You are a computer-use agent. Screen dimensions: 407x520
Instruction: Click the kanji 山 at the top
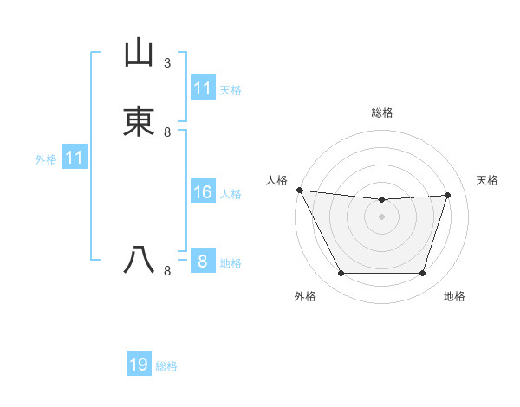pyautogui.click(x=139, y=52)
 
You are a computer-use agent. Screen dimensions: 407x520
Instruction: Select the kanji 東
pyautogui.click(x=139, y=120)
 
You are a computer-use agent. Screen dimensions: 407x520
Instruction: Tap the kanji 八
pyautogui.click(x=139, y=260)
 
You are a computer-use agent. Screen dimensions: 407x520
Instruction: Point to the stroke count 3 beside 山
pyautogui.click(x=167, y=63)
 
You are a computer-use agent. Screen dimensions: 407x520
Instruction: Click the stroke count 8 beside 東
pyautogui.click(x=167, y=132)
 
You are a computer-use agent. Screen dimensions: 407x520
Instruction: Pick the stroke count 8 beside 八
pyautogui.click(x=167, y=271)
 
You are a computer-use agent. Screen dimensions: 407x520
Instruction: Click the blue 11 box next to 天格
pyautogui.click(x=202, y=88)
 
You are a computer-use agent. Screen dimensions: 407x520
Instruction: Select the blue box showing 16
pyautogui.click(x=202, y=192)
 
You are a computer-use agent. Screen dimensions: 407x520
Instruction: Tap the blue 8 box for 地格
pyautogui.click(x=202, y=262)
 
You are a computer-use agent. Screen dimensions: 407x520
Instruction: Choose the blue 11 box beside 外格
pyautogui.click(x=74, y=158)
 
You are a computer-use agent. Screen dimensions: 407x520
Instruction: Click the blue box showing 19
pyautogui.click(x=139, y=365)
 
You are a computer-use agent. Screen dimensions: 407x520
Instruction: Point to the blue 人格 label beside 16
pyautogui.click(x=231, y=194)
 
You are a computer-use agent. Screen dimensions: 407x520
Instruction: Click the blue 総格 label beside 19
pyautogui.click(x=166, y=366)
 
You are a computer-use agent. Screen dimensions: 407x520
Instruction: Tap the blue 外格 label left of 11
pyautogui.click(x=46, y=159)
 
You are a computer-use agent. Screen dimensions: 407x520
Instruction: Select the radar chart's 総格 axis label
pyautogui.click(x=381, y=113)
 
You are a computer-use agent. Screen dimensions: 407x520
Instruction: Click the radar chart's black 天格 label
pyautogui.click(x=488, y=180)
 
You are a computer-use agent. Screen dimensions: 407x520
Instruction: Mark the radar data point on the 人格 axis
pyautogui.click(x=299, y=190)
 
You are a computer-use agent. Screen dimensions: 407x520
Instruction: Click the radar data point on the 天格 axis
pyautogui.click(x=448, y=195)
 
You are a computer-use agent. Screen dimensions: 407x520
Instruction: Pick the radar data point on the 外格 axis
pyautogui.click(x=341, y=274)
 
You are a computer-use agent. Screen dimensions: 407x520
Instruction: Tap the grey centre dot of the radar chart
pyautogui.click(x=381, y=216)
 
